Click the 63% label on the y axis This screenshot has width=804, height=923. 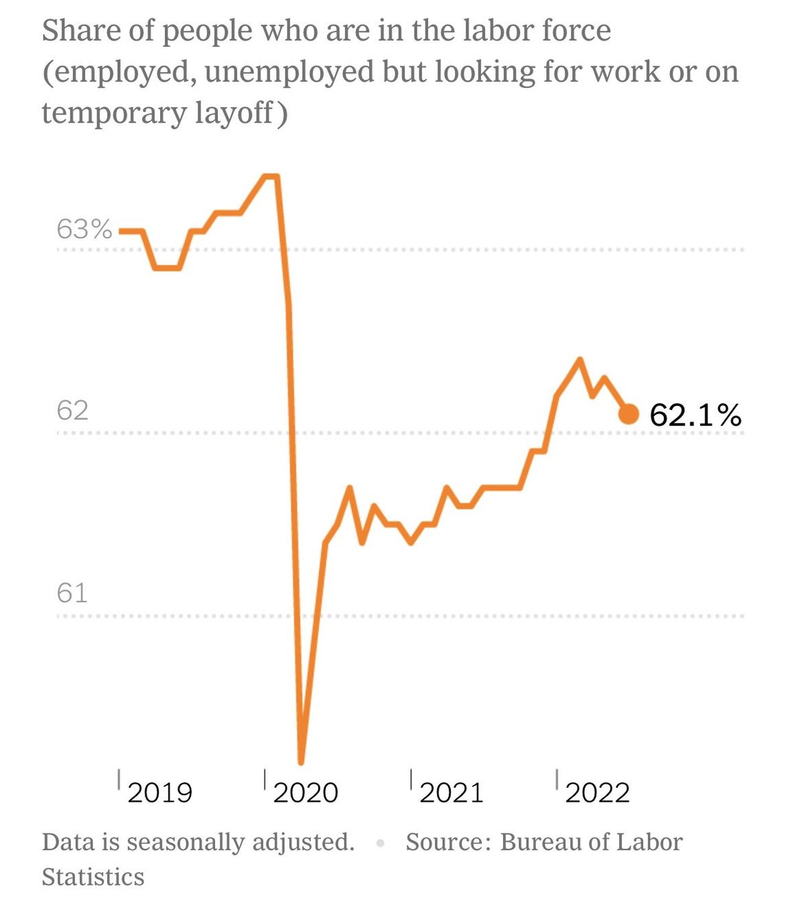[84, 229]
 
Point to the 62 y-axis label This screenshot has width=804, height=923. [72, 410]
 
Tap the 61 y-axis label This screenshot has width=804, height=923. [72, 593]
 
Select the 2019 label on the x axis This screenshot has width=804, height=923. [159, 793]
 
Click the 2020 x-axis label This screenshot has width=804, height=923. [306, 793]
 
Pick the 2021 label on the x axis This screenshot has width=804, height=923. [452, 793]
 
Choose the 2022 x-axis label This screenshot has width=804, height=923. [598, 793]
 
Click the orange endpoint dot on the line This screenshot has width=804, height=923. [628, 415]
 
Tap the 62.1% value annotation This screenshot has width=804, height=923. [695, 415]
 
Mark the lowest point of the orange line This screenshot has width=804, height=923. [301, 761]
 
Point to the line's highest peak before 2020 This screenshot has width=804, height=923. [271, 177]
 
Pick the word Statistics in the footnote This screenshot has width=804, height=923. [93, 877]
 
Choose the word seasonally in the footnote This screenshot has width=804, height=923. [186, 843]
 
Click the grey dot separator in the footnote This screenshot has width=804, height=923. [381, 843]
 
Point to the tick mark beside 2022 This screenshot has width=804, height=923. [557, 780]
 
